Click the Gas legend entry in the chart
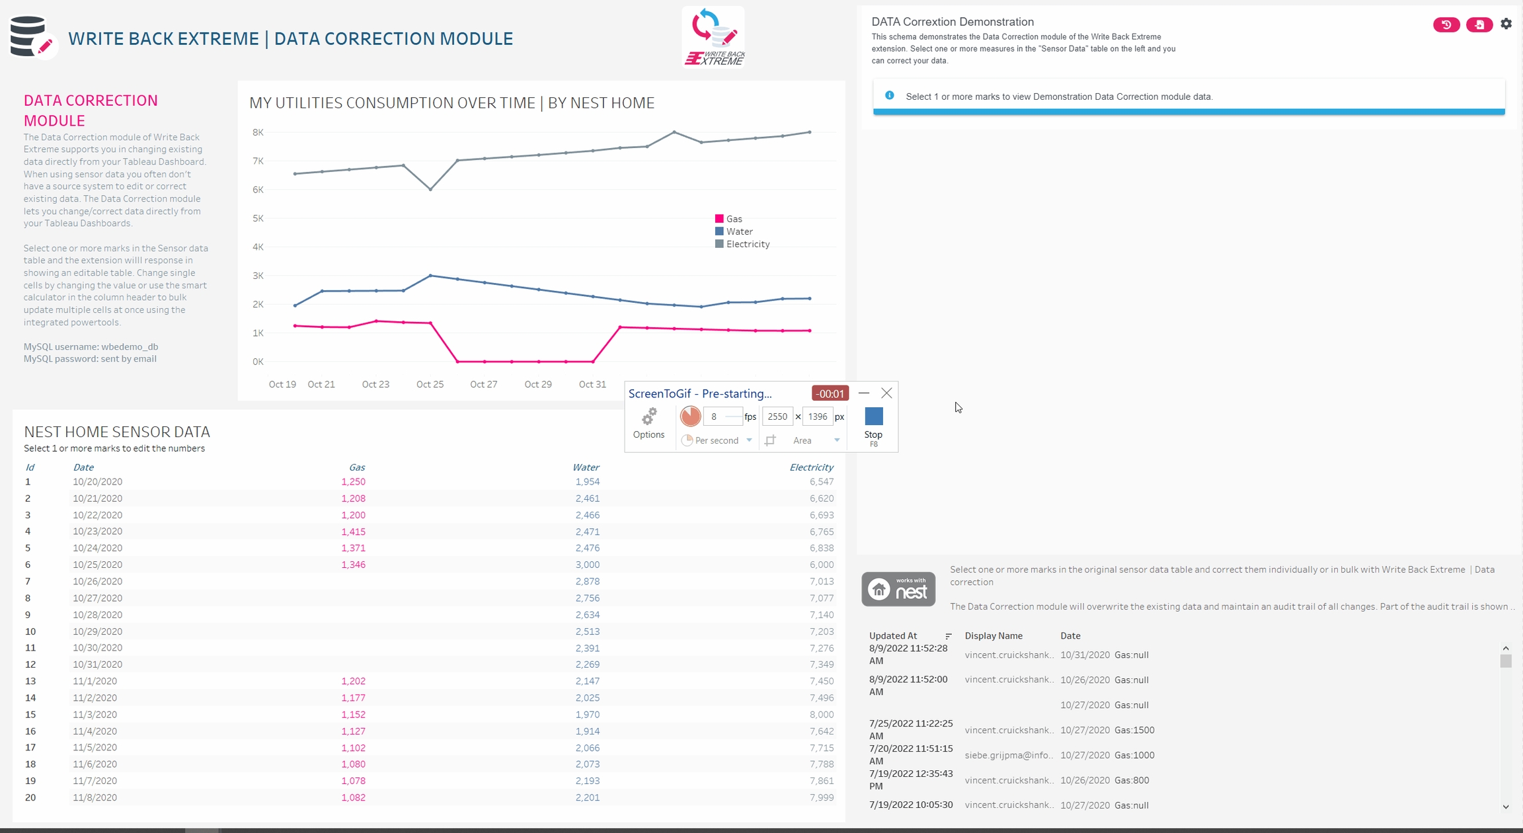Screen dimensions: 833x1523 click(733, 219)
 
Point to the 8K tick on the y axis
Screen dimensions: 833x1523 click(258, 132)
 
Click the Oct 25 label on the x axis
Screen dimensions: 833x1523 click(430, 384)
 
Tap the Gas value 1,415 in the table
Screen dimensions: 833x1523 click(353, 532)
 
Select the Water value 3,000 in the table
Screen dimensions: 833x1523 click(587, 565)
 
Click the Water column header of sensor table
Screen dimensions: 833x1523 click(586, 467)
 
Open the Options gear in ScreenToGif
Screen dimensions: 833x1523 click(648, 422)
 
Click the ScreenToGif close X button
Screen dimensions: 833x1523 click(886, 393)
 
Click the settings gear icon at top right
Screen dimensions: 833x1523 click(1506, 24)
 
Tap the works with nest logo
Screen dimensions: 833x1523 click(898, 588)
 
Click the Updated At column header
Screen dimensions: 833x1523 click(892, 636)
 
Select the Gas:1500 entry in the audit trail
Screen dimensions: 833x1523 click(1134, 731)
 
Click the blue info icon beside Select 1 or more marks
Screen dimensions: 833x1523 click(890, 96)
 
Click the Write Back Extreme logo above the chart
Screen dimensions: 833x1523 click(714, 38)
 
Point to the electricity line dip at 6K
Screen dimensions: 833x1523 click(430, 190)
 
